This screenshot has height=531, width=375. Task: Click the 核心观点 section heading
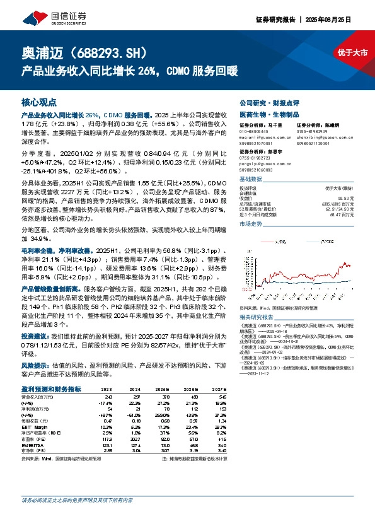point(39,102)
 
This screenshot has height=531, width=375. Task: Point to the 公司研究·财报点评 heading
point(273,102)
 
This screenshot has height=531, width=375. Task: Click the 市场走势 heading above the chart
point(251,223)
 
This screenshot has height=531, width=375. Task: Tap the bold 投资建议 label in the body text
point(35,336)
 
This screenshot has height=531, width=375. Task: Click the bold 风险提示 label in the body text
point(35,365)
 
